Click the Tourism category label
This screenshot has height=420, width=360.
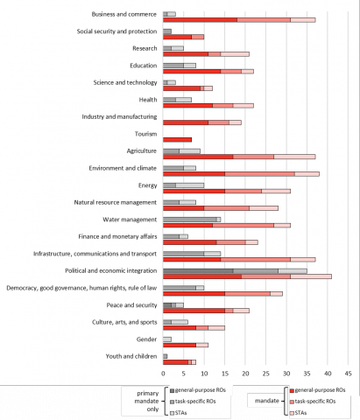[x=145, y=134]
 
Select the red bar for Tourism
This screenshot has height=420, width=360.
[x=177, y=140]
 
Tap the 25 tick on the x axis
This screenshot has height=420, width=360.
[x=265, y=374]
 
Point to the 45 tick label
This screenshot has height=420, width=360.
[x=348, y=374]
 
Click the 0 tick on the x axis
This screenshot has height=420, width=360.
[x=163, y=374]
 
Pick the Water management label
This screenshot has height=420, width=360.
[x=130, y=220]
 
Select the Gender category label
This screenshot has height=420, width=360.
[x=146, y=339]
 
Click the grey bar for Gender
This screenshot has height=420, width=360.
[x=167, y=339]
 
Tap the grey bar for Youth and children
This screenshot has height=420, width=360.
[x=166, y=356]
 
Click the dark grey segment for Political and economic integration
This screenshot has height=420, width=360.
[x=198, y=271]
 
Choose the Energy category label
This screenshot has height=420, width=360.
[x=147, y=185]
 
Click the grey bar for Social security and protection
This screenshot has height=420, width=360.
[x=167, y=31]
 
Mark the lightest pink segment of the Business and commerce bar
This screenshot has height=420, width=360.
[x=303, y=20]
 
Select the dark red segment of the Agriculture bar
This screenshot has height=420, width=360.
[x=198, y=157]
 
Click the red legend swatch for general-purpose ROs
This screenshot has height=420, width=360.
[x=292, y=390]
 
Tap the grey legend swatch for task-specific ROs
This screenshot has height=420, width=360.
[x=172, y=402]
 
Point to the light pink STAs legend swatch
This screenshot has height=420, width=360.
[x=292, y=413]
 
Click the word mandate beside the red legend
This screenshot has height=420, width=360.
[x=267, y=401]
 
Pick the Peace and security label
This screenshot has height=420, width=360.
[x=131, y=305]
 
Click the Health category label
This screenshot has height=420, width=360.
[x=148, y=100]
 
